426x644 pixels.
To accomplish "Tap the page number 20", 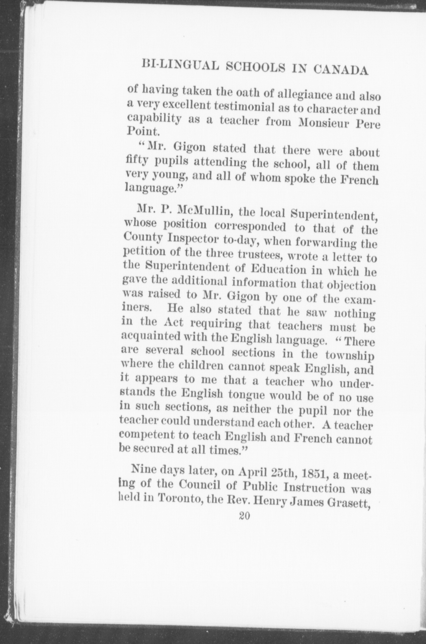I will [245, 516].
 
